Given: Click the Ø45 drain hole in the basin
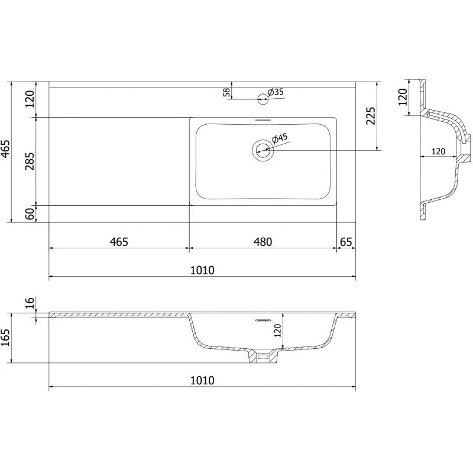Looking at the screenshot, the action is (x=263, y=150).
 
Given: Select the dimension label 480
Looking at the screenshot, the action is (x=263, y=242).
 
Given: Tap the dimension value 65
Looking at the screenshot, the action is (x=346, y=242).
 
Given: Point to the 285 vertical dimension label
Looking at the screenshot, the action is (x=30, y=161).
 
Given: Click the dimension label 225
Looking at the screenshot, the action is (x=371, y=116).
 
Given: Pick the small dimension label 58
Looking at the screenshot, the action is (x=226, y=92).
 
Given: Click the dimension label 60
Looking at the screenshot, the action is (x=30, y=214).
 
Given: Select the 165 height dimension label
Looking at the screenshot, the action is (x=5, y=338).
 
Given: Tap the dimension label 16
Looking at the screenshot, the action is (x=30, y=303).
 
